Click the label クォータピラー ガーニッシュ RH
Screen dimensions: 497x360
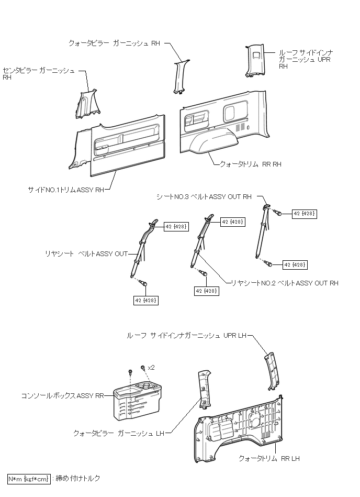point(114,44)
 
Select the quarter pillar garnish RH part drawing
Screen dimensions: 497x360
point(179,76)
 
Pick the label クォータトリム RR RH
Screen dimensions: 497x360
point(250,164)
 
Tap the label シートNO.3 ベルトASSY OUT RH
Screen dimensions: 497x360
point(204,197)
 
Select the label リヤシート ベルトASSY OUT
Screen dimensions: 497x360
point(86,254)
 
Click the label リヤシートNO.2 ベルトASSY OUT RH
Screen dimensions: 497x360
point(285,283)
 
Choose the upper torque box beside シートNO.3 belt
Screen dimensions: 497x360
point(304,214)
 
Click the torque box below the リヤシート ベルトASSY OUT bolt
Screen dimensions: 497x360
point(147,300)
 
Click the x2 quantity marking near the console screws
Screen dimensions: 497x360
point(151,368)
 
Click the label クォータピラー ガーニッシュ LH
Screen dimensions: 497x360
point(119,434)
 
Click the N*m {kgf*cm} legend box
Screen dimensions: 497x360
point(29,479)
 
